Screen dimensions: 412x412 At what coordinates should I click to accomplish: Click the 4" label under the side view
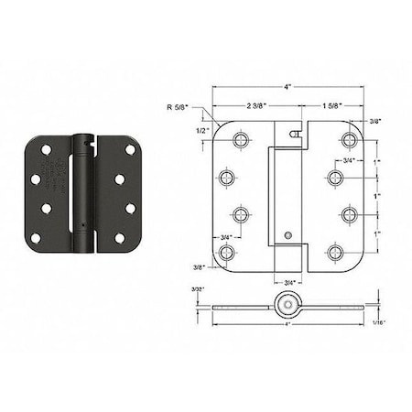pos(289,323)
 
